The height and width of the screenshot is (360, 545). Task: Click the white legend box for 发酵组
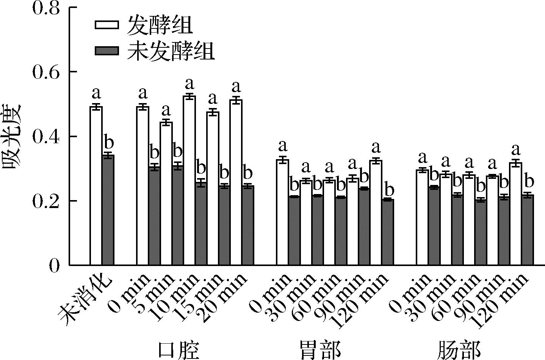(x=106, y=25)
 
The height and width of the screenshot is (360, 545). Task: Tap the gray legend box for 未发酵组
(x=106, y=51)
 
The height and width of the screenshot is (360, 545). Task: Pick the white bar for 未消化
(x=96, y=186)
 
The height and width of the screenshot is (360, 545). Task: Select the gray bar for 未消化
(x=108, y=210)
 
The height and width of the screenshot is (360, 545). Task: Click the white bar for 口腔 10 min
(x=189, y=180)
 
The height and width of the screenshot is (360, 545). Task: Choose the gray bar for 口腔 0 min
(x=154, y=216)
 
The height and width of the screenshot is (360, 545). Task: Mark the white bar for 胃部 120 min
(x=376, y=213)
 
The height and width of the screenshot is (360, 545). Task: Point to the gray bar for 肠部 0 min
(x=434, y=226)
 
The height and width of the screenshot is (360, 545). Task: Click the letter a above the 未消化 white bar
(x=96, y=92)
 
